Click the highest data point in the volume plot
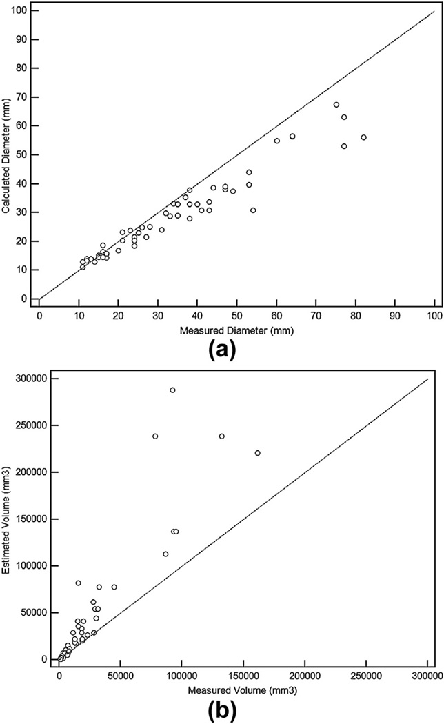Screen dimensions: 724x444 (172, 390)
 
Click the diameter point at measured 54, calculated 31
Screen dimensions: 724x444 (253, 210)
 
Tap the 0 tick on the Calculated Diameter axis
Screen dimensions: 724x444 (26, 299)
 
